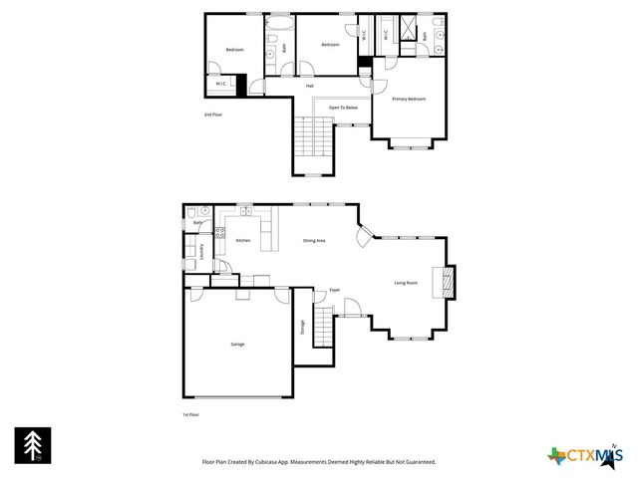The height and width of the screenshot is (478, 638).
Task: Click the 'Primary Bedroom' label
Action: point(409,99)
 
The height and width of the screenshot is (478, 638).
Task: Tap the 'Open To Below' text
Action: point(344,107)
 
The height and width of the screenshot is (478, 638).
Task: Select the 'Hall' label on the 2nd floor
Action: point(310,86)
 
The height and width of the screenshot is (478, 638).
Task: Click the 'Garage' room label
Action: point(237,344)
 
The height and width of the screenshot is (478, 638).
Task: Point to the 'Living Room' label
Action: point(406,283)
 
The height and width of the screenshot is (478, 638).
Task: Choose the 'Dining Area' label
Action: point(314,241)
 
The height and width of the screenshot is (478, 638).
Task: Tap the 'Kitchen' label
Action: point(242,241)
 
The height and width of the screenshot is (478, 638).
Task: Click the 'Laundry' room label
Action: point(202,252)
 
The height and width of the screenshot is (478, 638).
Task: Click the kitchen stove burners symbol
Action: point(220,233)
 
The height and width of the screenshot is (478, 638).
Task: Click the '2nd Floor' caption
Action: point(211,116)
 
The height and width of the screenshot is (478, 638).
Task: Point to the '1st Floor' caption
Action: point(190,413)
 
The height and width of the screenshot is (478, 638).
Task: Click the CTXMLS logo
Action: point(584,456)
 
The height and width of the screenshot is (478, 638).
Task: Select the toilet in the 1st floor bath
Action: point(203,211)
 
